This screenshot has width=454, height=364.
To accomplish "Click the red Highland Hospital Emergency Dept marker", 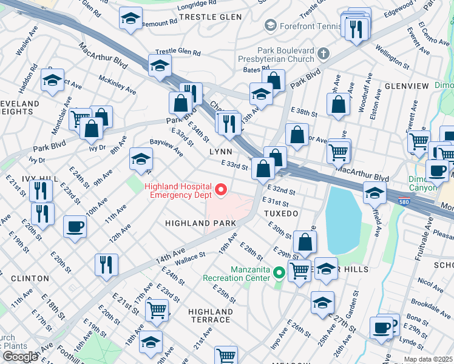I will pyautogui.click(x=221, y=190).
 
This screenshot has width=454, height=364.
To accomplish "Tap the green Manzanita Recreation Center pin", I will pyautogui.click(x=279, y=272).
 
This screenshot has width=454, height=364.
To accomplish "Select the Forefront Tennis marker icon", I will pyautogui.click(x=270, y=25).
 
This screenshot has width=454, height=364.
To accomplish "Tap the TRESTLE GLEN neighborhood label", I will pyautogui.click(x=210, y=17).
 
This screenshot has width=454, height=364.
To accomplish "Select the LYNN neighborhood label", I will pyautogui.click(x=221, y=151).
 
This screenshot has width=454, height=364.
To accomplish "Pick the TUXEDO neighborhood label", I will pyautogui.click(x=281, y=214).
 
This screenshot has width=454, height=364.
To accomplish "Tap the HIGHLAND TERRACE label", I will pyautogui.click(x=209, y=315).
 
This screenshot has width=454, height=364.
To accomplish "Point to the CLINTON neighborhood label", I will pyautogui.click(x=30, y=278).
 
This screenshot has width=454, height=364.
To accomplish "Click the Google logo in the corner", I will pyautogui.click(x=20, y=356).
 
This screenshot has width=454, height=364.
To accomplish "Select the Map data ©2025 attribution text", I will pyautogui.click(x=427, y=359).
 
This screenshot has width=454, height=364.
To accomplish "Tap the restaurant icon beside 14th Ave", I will pyautogui.click(x=106, y=264).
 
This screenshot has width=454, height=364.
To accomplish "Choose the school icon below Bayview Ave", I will pyautogui.click(x=141, y=160).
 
